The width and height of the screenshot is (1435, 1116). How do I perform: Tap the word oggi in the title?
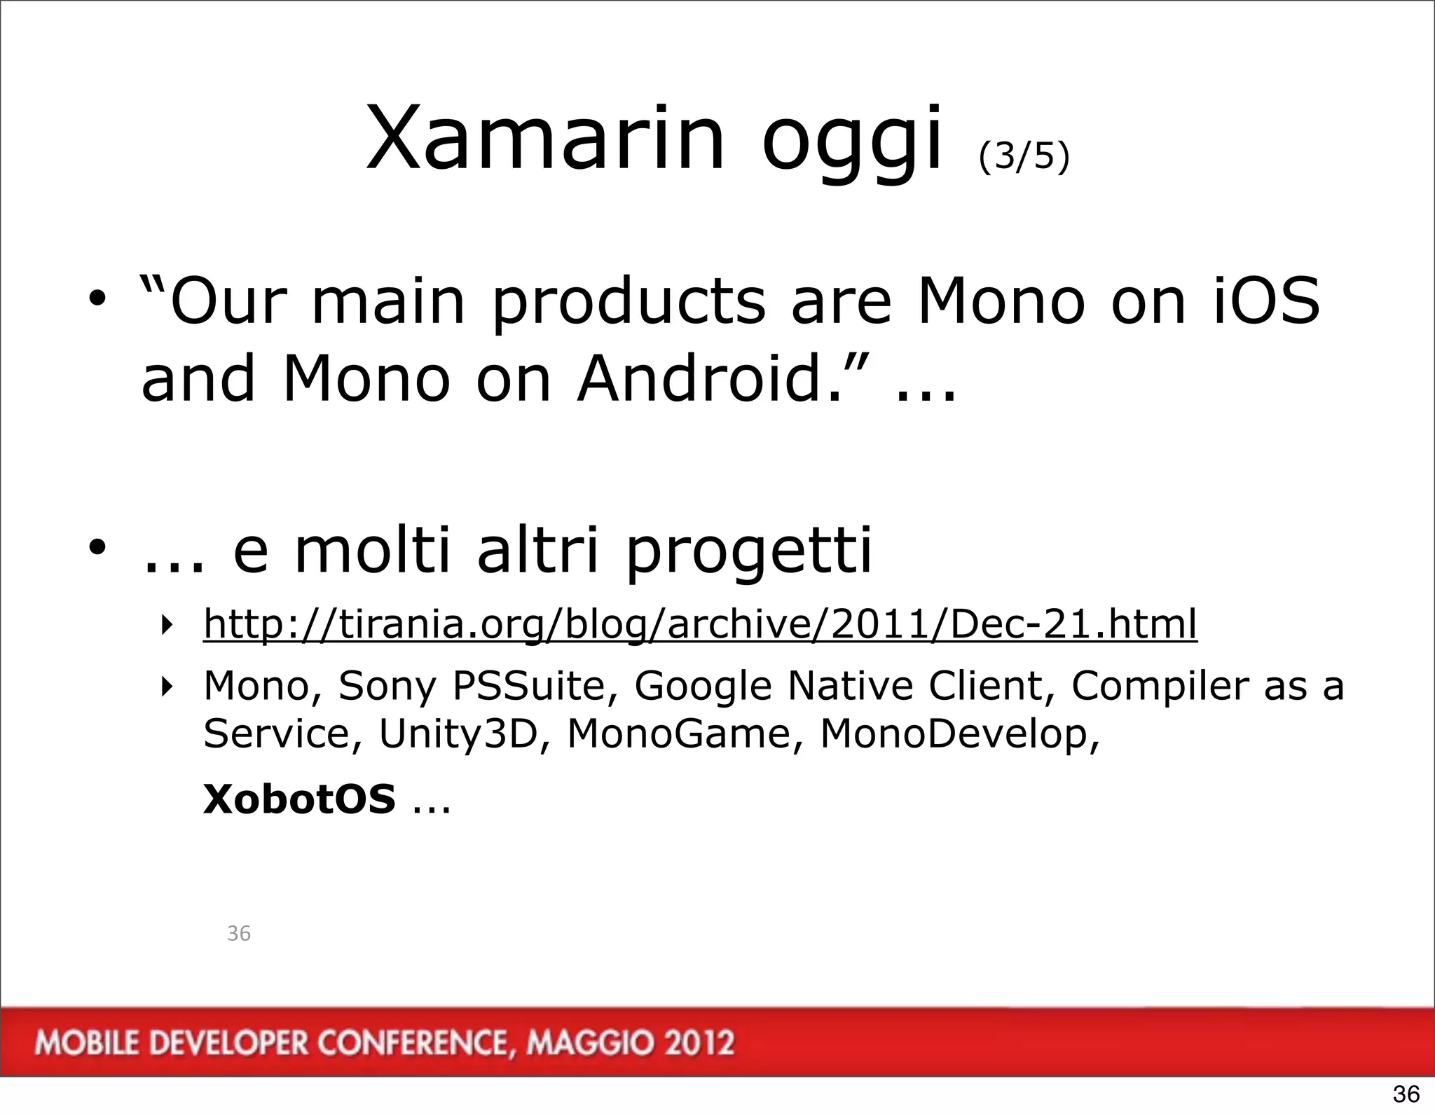click(x=851, y=144)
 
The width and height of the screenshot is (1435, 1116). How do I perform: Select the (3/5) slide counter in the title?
click(x=1024, y=156)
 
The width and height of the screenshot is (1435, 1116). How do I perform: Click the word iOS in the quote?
click(x=1266, y=301)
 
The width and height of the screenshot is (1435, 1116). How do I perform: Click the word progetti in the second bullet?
click(x=748, y=552)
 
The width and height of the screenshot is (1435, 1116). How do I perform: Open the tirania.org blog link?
click(x=700, y=623)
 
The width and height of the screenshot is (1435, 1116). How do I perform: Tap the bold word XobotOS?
click(x=299, y=799)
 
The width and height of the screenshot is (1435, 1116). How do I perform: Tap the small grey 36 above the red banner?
click(x=239, y=933)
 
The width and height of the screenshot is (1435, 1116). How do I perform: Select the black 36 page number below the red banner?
click(x=1406, y=1094)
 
